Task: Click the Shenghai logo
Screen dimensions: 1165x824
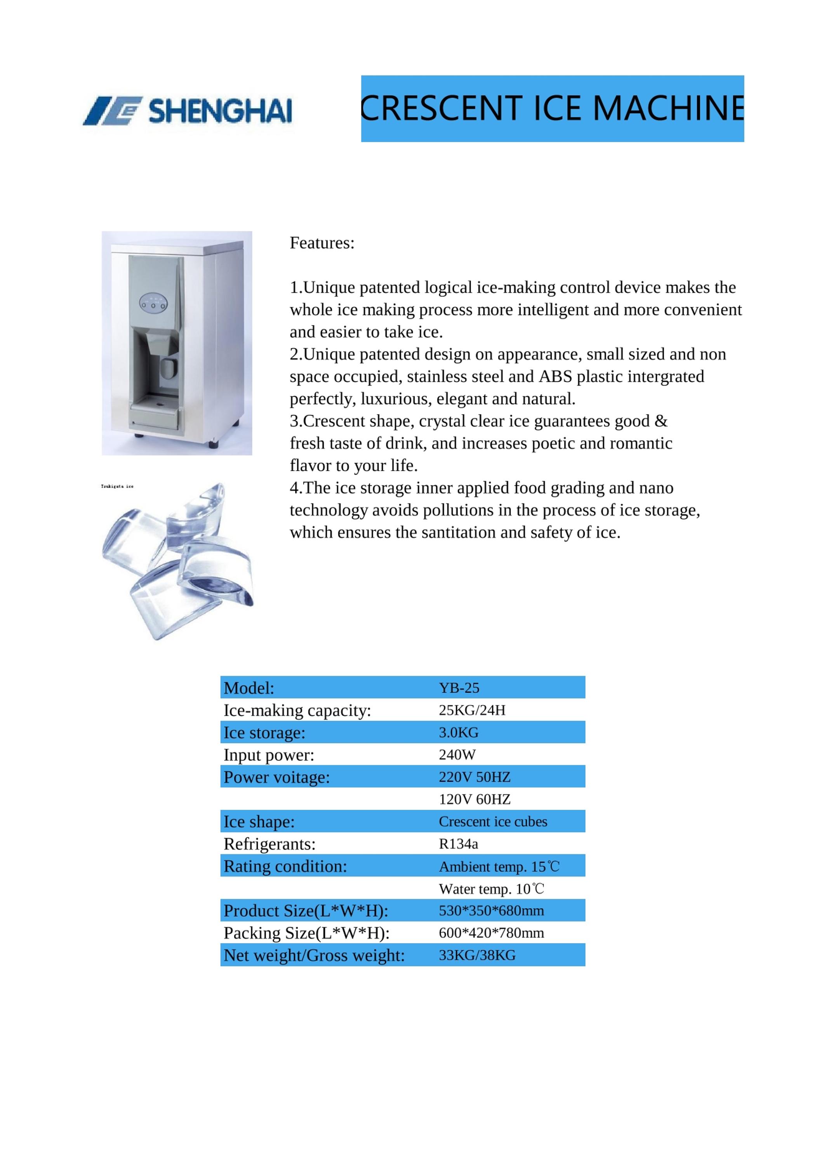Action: coord(188,110)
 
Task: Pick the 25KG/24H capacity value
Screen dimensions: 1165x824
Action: coord(472,710)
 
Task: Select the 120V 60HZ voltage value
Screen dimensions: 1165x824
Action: coord(475,799)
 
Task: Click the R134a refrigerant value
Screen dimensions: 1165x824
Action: coord(458,844)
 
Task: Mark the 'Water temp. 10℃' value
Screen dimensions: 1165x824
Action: coord(491,889)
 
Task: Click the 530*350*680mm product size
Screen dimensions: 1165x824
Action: coord(491,910)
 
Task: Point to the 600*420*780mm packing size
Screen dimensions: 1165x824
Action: coord(491,933)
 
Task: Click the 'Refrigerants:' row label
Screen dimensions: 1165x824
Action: coord(269,844)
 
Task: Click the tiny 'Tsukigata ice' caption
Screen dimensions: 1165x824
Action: coord(117,486)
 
